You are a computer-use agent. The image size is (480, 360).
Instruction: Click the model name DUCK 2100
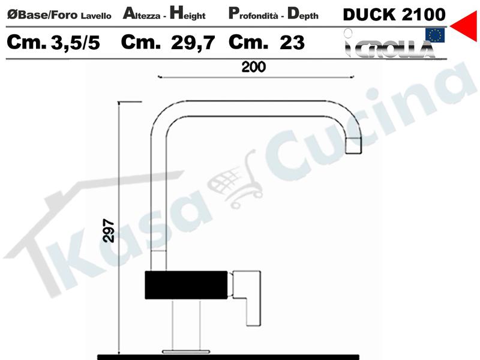394,14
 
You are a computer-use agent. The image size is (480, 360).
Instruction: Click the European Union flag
434,35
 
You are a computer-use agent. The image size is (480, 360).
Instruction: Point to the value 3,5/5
76,43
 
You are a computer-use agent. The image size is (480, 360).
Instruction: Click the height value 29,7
193,43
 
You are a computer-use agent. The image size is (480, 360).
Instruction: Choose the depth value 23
292,43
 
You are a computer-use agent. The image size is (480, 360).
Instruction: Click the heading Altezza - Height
164,14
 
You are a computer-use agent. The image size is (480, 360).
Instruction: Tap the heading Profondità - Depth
274,14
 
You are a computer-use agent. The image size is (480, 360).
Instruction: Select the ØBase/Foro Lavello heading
59,14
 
